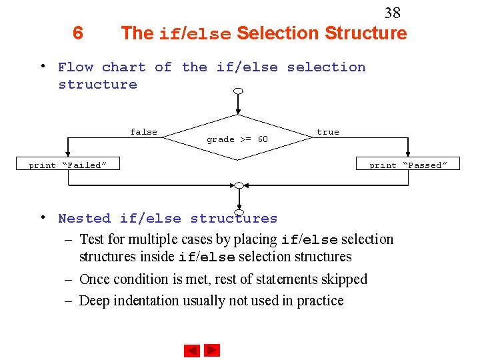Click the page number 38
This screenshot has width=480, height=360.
click(x=393, y=13)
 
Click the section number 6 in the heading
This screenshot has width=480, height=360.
click(x=78, y=33)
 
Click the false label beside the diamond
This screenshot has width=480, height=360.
click(x=143, y=132)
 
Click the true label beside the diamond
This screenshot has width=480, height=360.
click(x=327, y=132)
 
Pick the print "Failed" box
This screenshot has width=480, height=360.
click(x=67, y=165)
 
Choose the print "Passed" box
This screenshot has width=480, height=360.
click(x=408, y=165)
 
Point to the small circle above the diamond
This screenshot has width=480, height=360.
click(x=238, y=91)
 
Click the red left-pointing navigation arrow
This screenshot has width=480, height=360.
click(x=192, y=350)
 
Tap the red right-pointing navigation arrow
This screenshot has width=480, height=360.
click(x=212, y=350)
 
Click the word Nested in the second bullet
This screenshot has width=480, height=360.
click(x=84, y=218)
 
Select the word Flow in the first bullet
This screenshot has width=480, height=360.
click(x=75, y=67)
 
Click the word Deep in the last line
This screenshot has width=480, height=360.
click(x=94, y=301)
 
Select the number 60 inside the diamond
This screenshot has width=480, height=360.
click(x=262, y=139)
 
